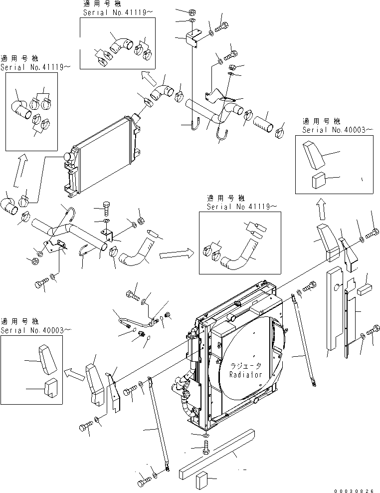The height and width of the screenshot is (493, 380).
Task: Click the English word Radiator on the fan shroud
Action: [245, 374]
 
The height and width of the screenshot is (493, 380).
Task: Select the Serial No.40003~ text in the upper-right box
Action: [337, 130]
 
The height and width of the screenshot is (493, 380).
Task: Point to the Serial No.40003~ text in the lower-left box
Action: [35, 330]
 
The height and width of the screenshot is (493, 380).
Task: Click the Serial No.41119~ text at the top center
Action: [115, 12]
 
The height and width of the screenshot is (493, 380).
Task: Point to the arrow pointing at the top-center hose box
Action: [147, 77]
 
